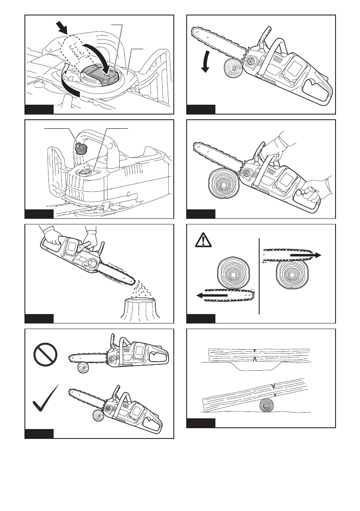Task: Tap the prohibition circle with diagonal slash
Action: tap(45, 354)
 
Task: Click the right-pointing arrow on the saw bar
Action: tap(305, 254)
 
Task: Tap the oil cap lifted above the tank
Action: tap(80, 148)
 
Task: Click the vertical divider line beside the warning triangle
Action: tap(260, 275)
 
